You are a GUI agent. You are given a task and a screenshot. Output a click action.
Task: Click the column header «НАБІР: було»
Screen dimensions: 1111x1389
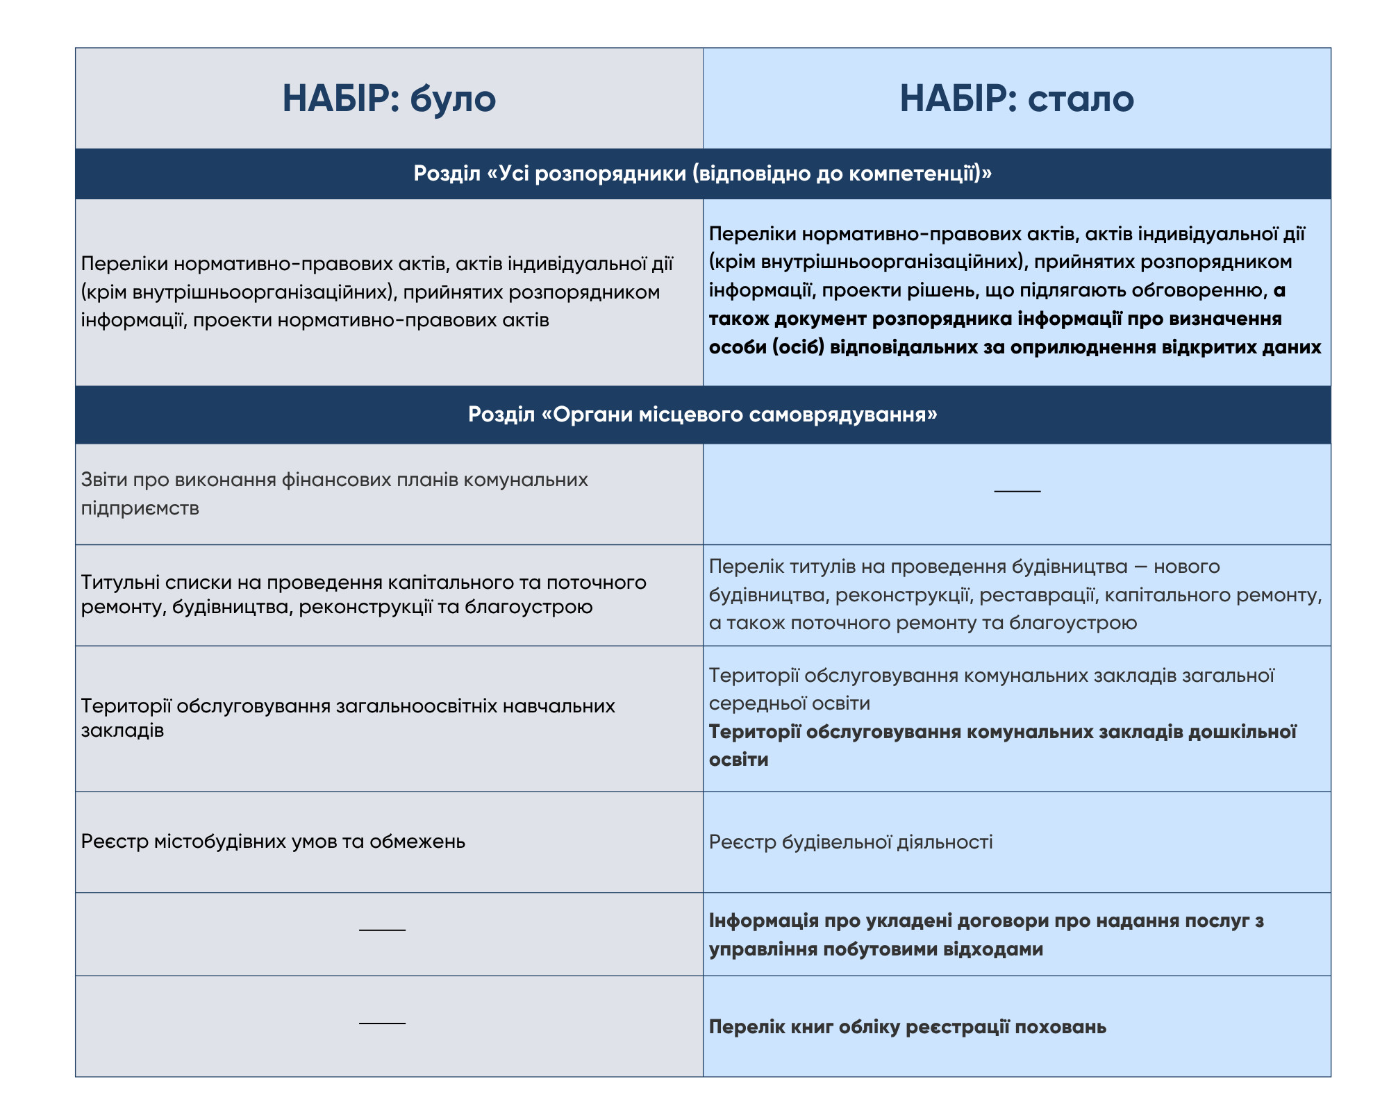389,99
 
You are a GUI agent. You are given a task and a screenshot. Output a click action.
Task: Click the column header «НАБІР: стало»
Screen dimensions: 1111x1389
1017,99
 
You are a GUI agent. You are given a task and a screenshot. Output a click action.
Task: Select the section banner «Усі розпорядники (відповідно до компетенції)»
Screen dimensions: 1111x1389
703,173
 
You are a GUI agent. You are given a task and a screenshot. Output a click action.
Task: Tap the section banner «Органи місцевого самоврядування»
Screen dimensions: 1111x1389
703,415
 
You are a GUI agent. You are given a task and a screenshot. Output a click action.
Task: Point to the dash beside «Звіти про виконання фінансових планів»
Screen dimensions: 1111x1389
1017,492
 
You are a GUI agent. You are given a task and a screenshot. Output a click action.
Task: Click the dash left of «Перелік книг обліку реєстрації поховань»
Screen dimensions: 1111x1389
382,1024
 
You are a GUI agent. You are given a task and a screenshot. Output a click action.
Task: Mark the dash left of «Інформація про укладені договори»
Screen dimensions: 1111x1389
382,930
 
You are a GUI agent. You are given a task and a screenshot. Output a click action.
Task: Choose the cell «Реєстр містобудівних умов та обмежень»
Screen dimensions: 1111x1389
273,842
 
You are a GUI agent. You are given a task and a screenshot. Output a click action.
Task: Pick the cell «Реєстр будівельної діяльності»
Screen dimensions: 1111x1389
851,842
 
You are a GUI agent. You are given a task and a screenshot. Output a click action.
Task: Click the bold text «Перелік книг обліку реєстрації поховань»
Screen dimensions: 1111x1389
907,1027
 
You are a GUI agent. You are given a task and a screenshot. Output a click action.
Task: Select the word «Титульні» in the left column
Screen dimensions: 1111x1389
120,582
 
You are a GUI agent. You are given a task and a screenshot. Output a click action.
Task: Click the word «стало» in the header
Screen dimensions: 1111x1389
1081,99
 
